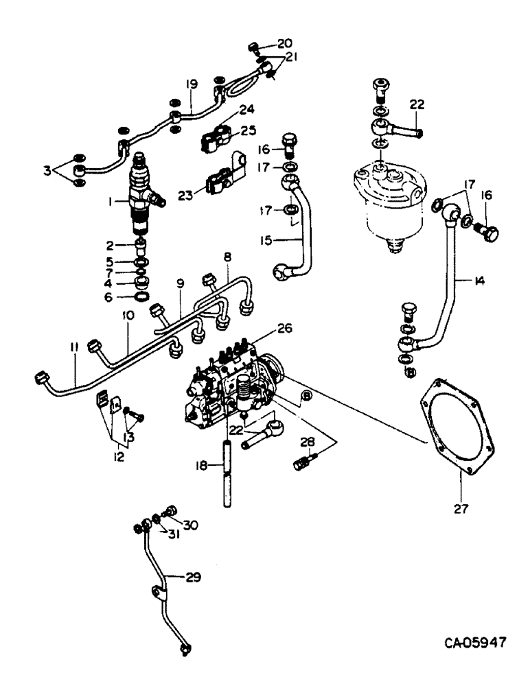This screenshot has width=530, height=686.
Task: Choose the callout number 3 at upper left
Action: (46, 169)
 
